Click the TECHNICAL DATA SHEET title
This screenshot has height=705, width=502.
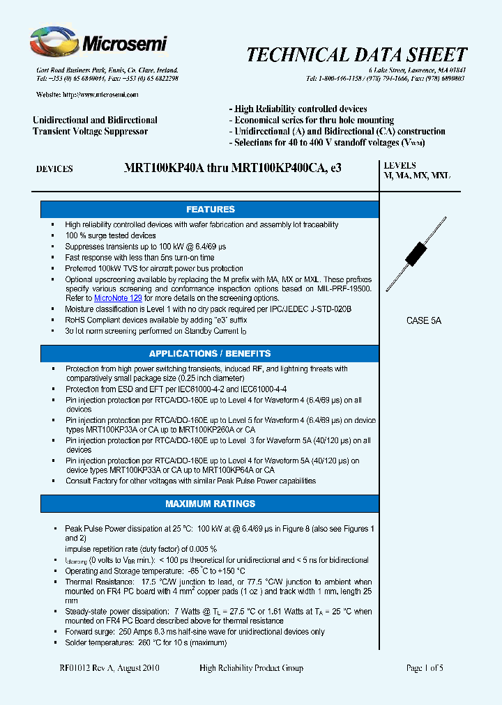point(357,56)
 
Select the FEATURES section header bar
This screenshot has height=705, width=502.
point(210,210)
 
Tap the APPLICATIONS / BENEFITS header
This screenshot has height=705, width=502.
point(210,354)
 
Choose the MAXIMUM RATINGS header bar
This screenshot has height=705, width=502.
point(210,504)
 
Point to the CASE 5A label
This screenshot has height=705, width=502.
point(424,321)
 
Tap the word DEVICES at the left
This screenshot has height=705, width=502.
point(54,169)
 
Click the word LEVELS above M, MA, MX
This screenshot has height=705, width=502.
point(400,166)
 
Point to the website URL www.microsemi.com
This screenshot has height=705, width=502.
point(100,95)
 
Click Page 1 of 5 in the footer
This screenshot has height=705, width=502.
point(425,668)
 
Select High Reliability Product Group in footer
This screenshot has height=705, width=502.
point(251,668)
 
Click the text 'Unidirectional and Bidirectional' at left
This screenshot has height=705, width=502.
point(95,121)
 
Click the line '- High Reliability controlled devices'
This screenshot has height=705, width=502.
point(301,109)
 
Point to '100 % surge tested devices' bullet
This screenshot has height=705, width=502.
point(110,235)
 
